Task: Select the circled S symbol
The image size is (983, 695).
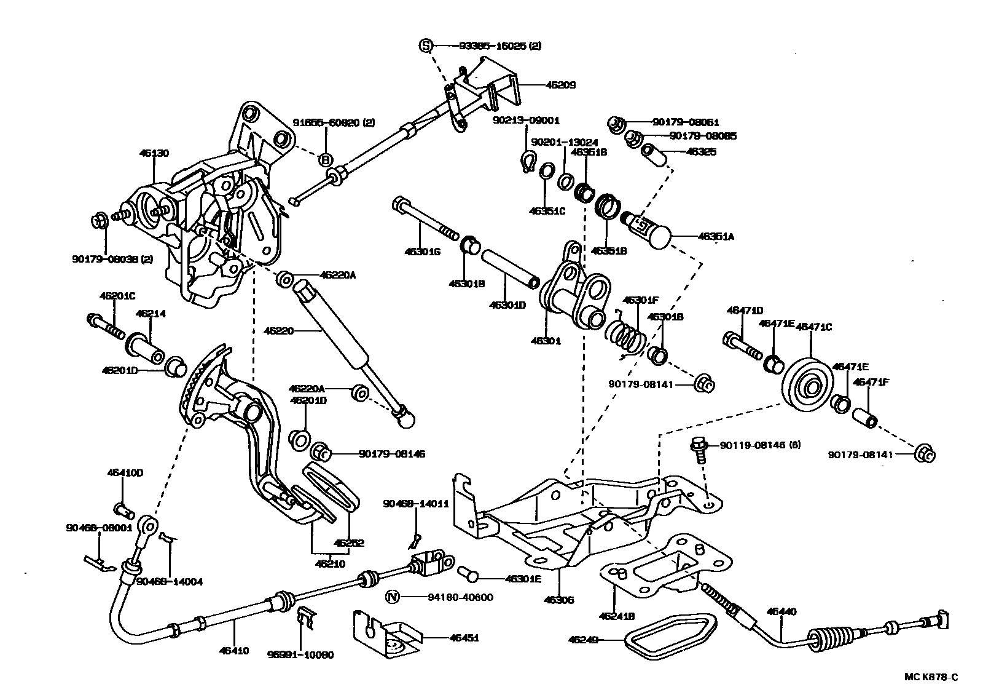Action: [426, 45]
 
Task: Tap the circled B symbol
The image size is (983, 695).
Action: [326, 159]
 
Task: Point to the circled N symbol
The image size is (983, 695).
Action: [393, 597]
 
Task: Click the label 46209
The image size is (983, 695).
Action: [560, 85]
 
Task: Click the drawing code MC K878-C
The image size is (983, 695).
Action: [930, 678]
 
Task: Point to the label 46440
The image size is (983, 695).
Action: [781, 611]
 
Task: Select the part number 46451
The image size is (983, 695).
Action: [464, 638]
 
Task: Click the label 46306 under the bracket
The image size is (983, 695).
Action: [559, 599]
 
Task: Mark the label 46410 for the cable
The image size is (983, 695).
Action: [235, 651]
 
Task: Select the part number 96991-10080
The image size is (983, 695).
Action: [301, 655]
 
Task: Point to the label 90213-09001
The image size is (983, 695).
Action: [526, 121]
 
